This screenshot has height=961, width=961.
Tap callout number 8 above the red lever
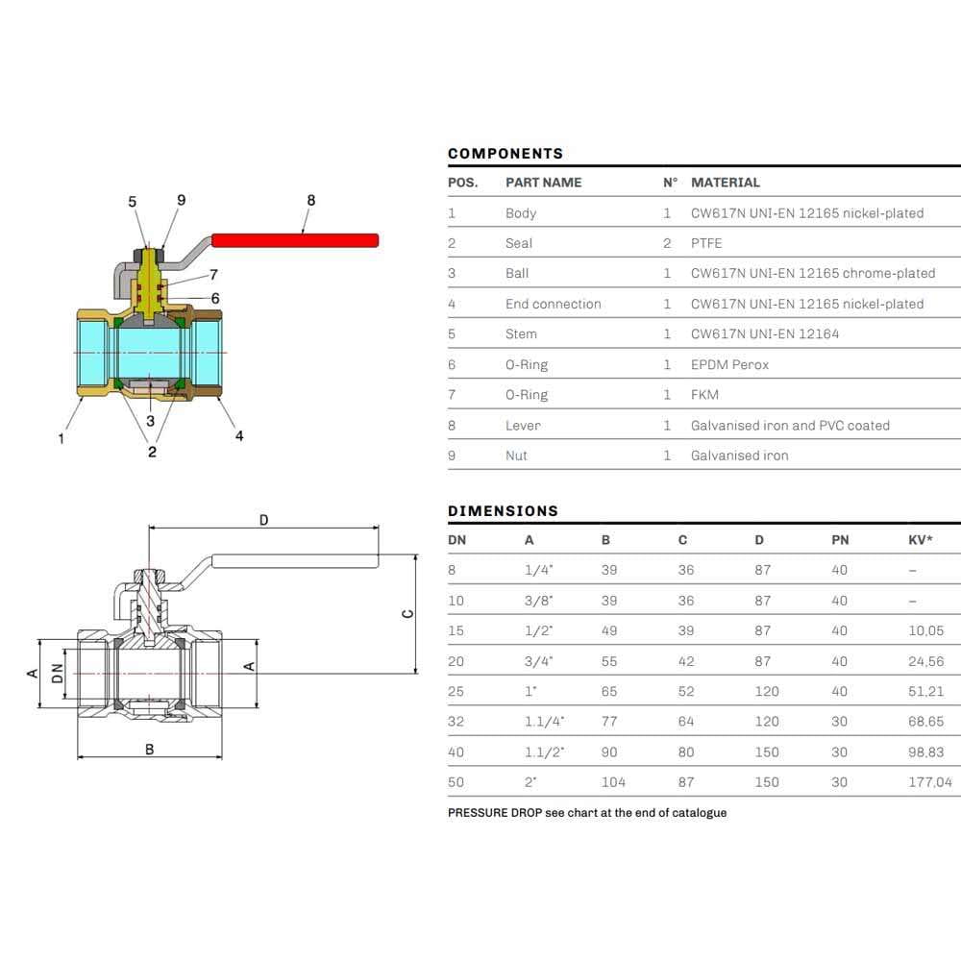310,201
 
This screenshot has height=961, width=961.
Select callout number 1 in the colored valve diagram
62,438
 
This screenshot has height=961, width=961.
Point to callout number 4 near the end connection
239,435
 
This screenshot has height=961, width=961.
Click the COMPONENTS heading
505,154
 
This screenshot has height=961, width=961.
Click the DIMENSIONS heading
503,511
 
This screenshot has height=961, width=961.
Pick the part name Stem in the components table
521,334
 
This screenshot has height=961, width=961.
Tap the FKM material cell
704,395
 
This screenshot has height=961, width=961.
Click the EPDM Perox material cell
729,364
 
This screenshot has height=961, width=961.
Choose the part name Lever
523,425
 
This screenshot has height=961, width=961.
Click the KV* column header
920,540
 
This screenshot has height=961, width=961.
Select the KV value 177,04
929,782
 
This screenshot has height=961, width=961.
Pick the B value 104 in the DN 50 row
612,782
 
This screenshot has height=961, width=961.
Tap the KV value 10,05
925,630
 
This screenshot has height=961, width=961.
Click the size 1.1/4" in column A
544,722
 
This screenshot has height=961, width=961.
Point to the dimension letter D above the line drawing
263,521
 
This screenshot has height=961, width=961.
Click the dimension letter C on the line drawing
408,613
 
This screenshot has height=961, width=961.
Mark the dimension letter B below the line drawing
149,750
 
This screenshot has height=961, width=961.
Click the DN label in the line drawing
57,674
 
